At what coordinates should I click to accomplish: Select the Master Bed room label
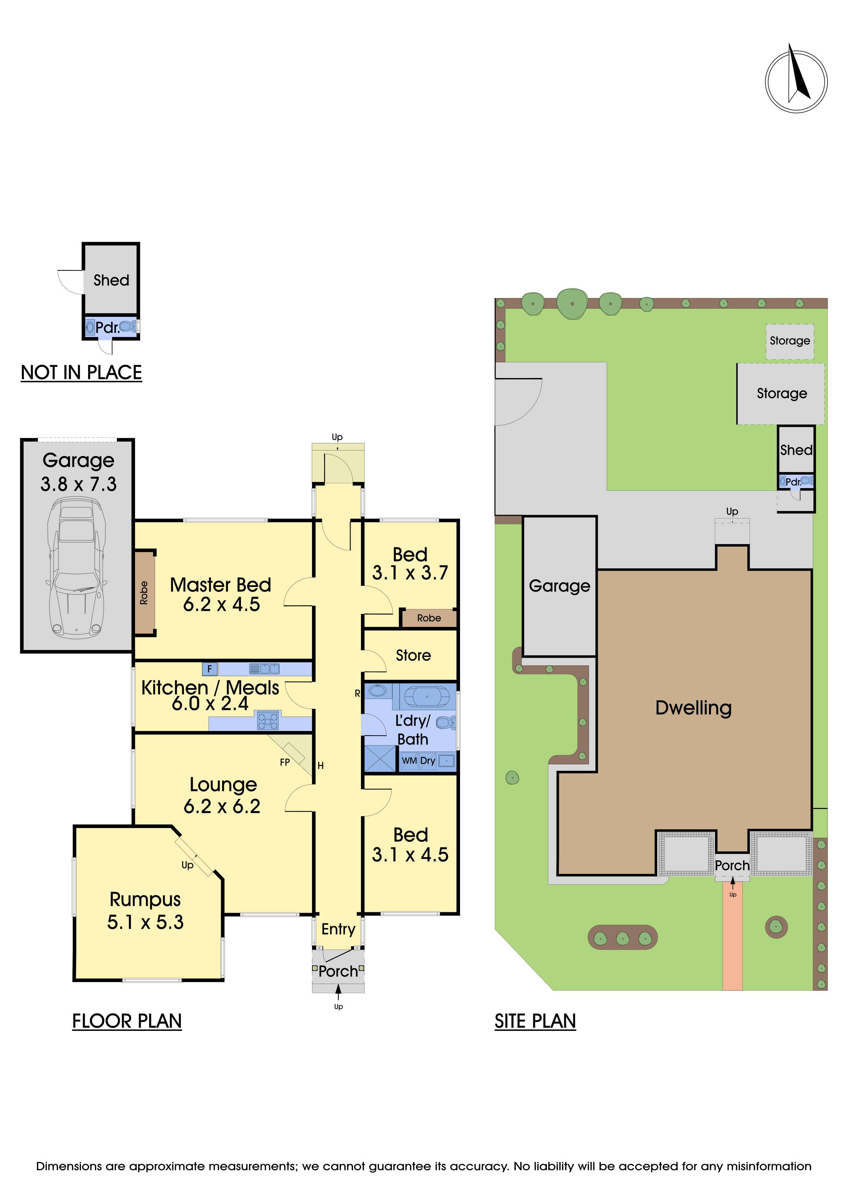(220, 585)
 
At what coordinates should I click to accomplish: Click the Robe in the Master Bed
(144, 593)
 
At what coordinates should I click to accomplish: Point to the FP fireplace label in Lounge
(285, 763)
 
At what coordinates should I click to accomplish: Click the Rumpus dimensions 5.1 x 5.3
(145, 922)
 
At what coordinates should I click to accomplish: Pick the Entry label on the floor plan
(338, 930)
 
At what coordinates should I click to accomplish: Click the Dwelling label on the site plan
(694, 708)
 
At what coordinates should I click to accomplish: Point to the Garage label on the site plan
(559, 586)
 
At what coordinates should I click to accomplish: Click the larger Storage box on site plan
(781, 394)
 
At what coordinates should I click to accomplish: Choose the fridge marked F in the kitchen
(210, 669)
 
